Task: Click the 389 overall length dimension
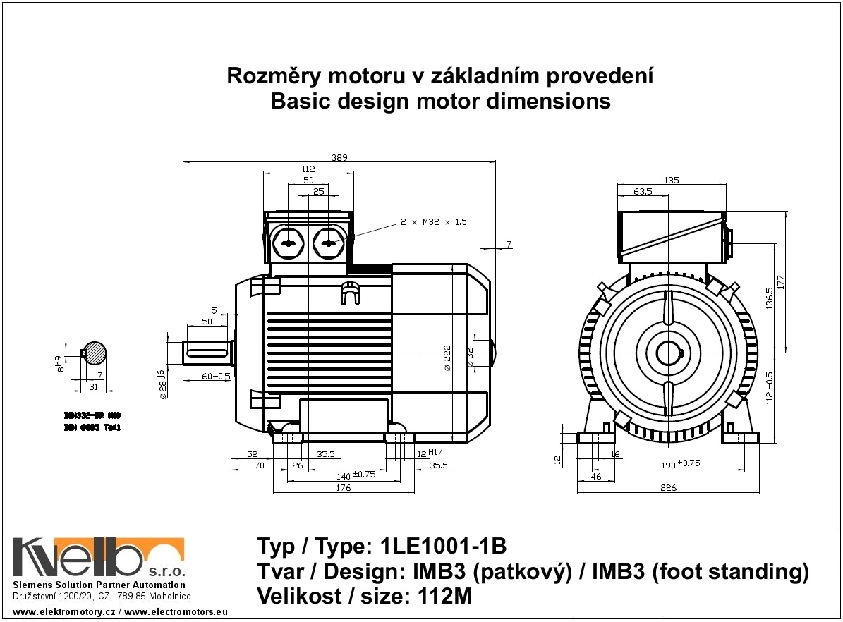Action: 340,157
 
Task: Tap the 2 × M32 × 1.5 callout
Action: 434,222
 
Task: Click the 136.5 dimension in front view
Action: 768,298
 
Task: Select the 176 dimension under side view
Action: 343,488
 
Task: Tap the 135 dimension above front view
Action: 671,181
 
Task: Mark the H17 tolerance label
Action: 435,452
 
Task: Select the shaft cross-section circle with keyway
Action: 94,352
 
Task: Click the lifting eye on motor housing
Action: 348,291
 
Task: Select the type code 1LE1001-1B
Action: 443,547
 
